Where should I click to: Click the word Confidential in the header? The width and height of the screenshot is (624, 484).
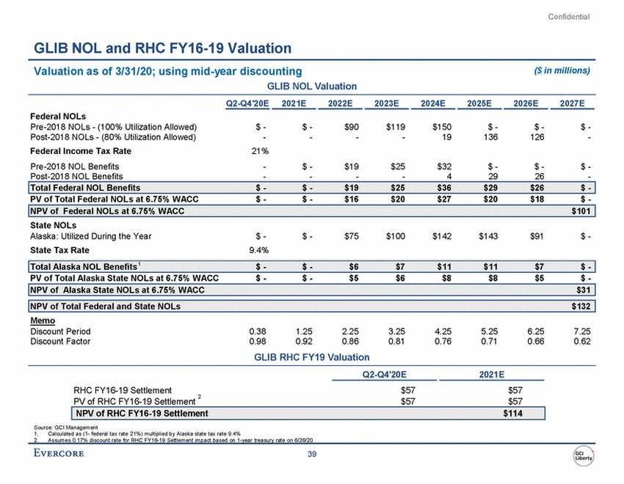coord(569,17)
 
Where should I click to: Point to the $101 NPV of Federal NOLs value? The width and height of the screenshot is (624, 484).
coord(580,212)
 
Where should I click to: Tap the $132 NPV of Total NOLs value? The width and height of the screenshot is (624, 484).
coord(580,306)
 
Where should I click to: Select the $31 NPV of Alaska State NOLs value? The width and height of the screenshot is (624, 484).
coord(583,291)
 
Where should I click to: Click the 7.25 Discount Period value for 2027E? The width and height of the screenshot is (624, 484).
coord(581,331)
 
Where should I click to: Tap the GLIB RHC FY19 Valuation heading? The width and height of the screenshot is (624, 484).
coord(311,357)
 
